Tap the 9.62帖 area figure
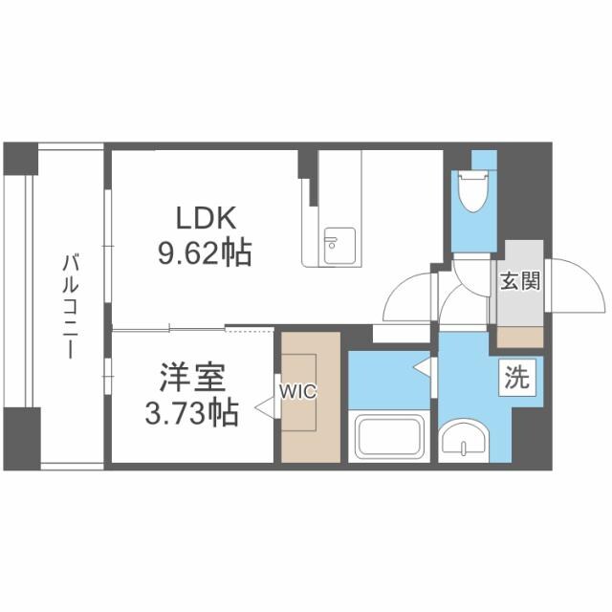204,252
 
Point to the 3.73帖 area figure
190,415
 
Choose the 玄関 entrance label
519,281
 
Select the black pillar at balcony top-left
20,158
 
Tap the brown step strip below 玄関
518,336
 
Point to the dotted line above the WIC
252,329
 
